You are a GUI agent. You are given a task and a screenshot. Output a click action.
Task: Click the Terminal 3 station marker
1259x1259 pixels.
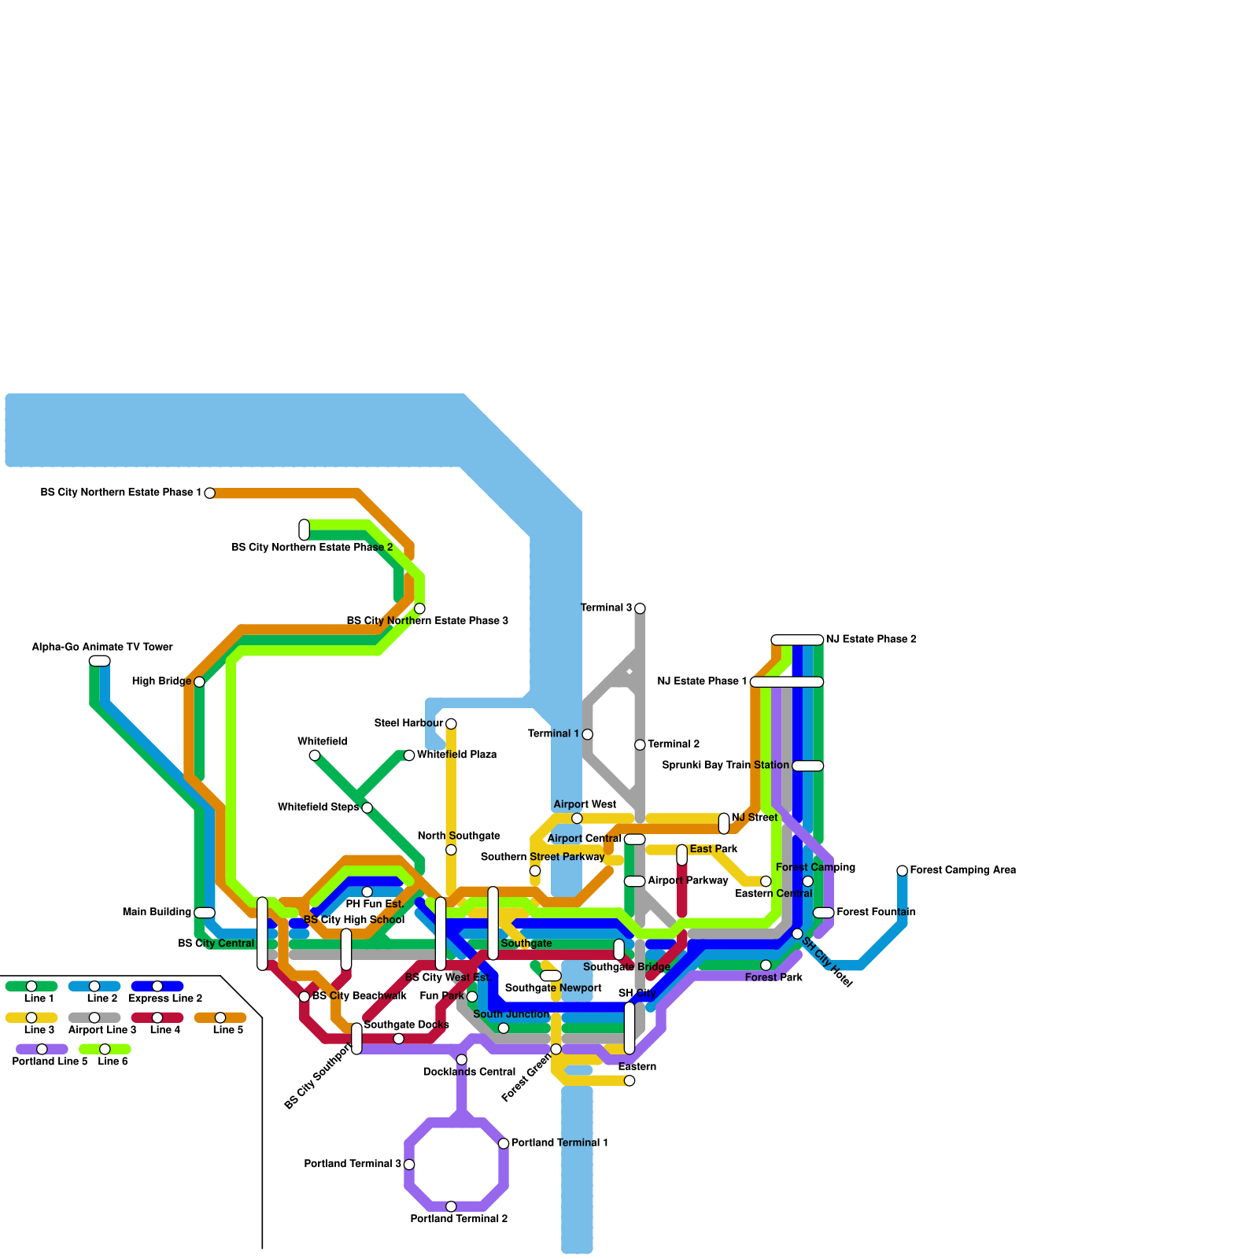pyautogui.click(x=640, y=608)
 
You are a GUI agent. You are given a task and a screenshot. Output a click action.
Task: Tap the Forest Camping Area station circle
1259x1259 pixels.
pyautogui.click(x=903, y=870)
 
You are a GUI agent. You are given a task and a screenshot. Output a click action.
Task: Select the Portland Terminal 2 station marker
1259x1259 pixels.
pyautogui.click(x=451, y=1206)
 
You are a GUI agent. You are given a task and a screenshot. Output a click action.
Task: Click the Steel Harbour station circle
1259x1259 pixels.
pyautogui.click(x=451, y=724)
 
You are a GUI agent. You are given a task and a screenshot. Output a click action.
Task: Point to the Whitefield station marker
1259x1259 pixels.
pyautogui.click(x=315, y=755)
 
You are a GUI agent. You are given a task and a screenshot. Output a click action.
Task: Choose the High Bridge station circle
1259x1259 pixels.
pyautogui.click(x=199, y=681)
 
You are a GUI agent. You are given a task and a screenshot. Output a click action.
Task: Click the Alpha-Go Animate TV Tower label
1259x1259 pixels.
pyautogui.click(x=102, y=648)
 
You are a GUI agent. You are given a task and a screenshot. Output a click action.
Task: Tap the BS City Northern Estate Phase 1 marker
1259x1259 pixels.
pyautogui.click(x=209, y=493)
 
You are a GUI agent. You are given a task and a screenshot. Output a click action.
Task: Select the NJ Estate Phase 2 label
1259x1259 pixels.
pyautogui.click(x=871, y=640)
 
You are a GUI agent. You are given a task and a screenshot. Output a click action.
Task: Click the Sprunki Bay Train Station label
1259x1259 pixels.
pyautogui.click(x=725, y=766)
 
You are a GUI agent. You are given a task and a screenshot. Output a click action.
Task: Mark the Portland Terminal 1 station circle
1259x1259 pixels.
pyautogui.click(x=504, y=1143)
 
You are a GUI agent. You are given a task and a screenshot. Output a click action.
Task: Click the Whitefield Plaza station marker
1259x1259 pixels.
pyautogui.click(x=409, y=755)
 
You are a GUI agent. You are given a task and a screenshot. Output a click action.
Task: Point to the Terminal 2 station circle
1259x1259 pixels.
pyautogui.click(x=640, y=744)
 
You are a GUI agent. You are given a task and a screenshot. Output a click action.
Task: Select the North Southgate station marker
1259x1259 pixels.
pyautogui.click(x=451, y=850)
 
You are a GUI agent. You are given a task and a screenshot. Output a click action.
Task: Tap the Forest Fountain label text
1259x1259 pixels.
pyautogui.click(x=876, y=913)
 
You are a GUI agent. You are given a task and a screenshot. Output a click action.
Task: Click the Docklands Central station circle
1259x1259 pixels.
pyautogui.click(x=462, y=1060)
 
